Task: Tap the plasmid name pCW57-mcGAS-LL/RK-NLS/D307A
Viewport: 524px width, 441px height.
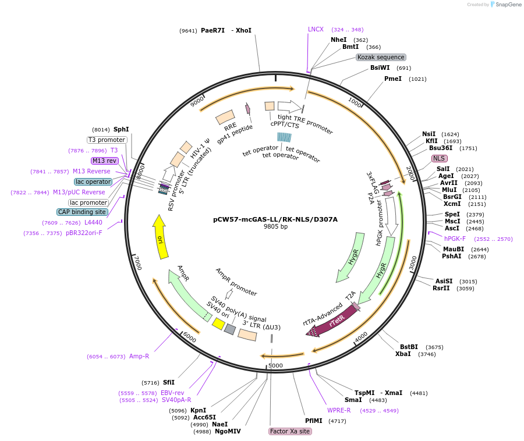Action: tap(275, 219)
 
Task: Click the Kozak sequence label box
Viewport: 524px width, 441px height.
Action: tap(381, 57)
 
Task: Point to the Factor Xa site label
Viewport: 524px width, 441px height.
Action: tap(290, 431)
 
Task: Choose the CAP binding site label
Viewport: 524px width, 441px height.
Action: tap(82, 212)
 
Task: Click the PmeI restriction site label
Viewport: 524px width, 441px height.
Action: tap(393, 79)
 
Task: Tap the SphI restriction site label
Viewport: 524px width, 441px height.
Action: tap(121, 129)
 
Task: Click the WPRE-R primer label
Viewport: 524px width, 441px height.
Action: tap(339, 410)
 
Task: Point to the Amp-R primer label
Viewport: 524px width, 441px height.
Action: tap(139, 356)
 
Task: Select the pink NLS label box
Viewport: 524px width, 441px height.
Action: tap(439, 158)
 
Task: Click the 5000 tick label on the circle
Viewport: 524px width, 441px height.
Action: tap(275, 365)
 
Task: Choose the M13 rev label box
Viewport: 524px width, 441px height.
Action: tap(104, 161)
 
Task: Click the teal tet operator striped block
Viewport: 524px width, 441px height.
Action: tap(284, 137)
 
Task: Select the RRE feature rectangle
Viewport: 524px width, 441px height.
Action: tap(225, 118)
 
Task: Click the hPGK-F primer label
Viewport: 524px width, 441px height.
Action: tap(455, 239)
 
